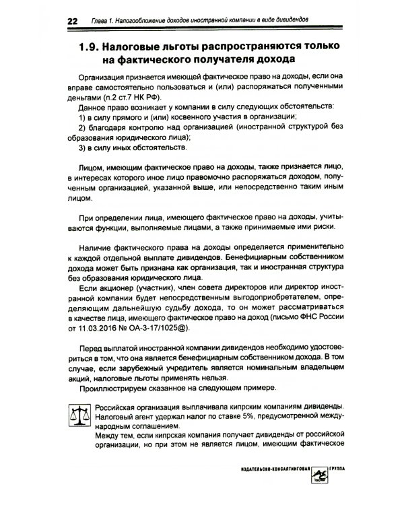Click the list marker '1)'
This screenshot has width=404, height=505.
click(x=83, y=117)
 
